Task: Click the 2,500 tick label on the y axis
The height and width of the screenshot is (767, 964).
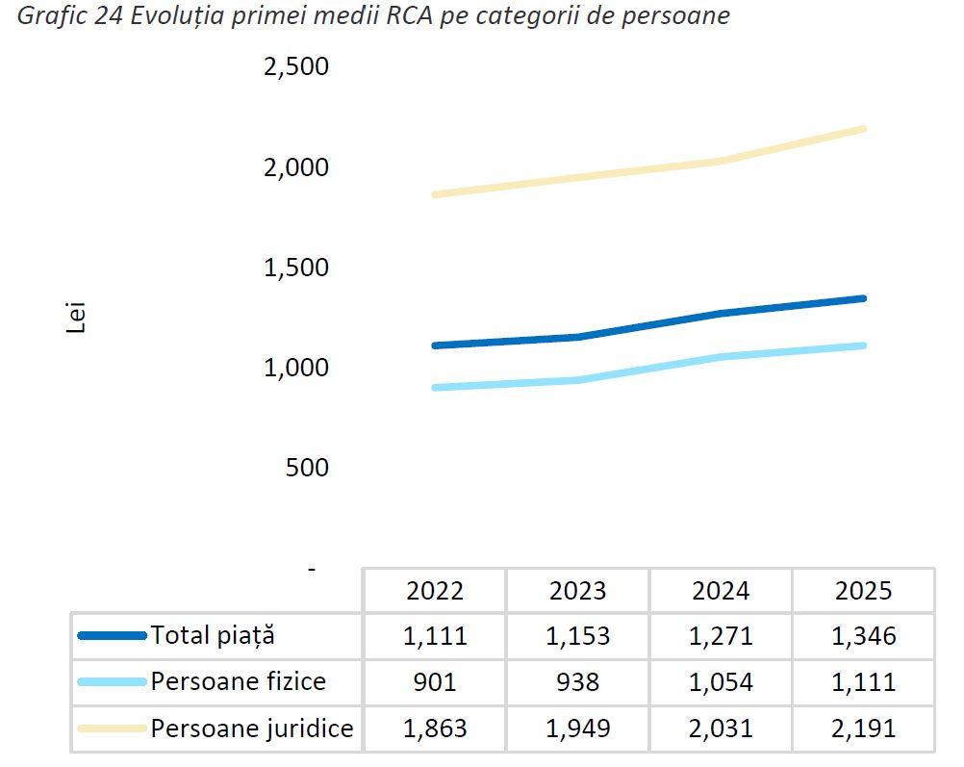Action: pos(295,68)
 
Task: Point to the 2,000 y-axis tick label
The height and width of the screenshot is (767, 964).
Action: pos(295,168)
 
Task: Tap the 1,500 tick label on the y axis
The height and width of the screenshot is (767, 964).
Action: pos(295,268)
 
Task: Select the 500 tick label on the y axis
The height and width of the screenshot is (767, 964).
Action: pos(308,469)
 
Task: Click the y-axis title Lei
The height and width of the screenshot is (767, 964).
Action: pos(76,319)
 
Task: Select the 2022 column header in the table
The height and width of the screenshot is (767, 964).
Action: pos(435,590)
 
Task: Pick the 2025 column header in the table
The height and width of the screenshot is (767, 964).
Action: pos(863,590)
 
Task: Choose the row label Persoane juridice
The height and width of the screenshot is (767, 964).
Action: pos(252,729)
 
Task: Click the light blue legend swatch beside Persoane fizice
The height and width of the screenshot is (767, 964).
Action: pos(112,682)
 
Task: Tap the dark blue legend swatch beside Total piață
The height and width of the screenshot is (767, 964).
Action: pos(112,635)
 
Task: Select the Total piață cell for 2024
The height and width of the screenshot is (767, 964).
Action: pos(721,636)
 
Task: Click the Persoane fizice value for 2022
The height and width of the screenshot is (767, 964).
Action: pos(435,682)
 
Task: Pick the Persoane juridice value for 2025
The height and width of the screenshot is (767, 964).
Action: pos(863,729)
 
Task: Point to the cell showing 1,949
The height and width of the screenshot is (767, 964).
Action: pos(577,729)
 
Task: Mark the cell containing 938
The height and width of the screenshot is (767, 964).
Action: pos(577,682)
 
